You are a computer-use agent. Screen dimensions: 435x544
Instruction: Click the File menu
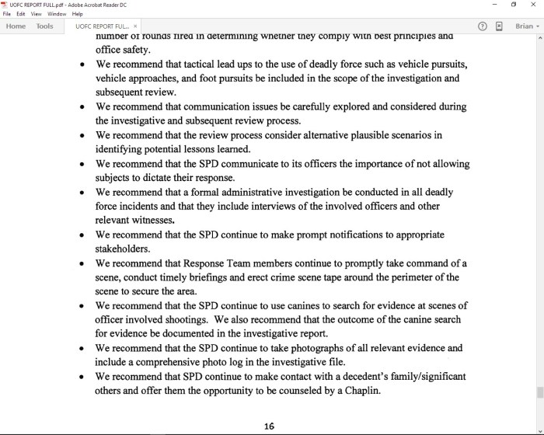click(7, 14)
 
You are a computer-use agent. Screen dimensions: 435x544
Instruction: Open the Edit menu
click(20, 14)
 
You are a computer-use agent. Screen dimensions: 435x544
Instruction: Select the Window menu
click(57, 14)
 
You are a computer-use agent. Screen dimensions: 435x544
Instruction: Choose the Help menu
click(78, 14)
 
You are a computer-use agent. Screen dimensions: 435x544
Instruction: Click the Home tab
click(16, 26)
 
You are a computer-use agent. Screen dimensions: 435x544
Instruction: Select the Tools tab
click(45, 26)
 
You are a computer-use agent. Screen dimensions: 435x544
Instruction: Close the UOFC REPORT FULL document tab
click(135, 26)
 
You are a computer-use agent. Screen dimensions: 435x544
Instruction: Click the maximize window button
click(514, 5)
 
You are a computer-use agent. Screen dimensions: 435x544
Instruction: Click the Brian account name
click(525, 26)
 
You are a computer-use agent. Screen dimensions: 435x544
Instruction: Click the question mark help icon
click(483, 26)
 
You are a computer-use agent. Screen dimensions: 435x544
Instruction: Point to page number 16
click(269, 426)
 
